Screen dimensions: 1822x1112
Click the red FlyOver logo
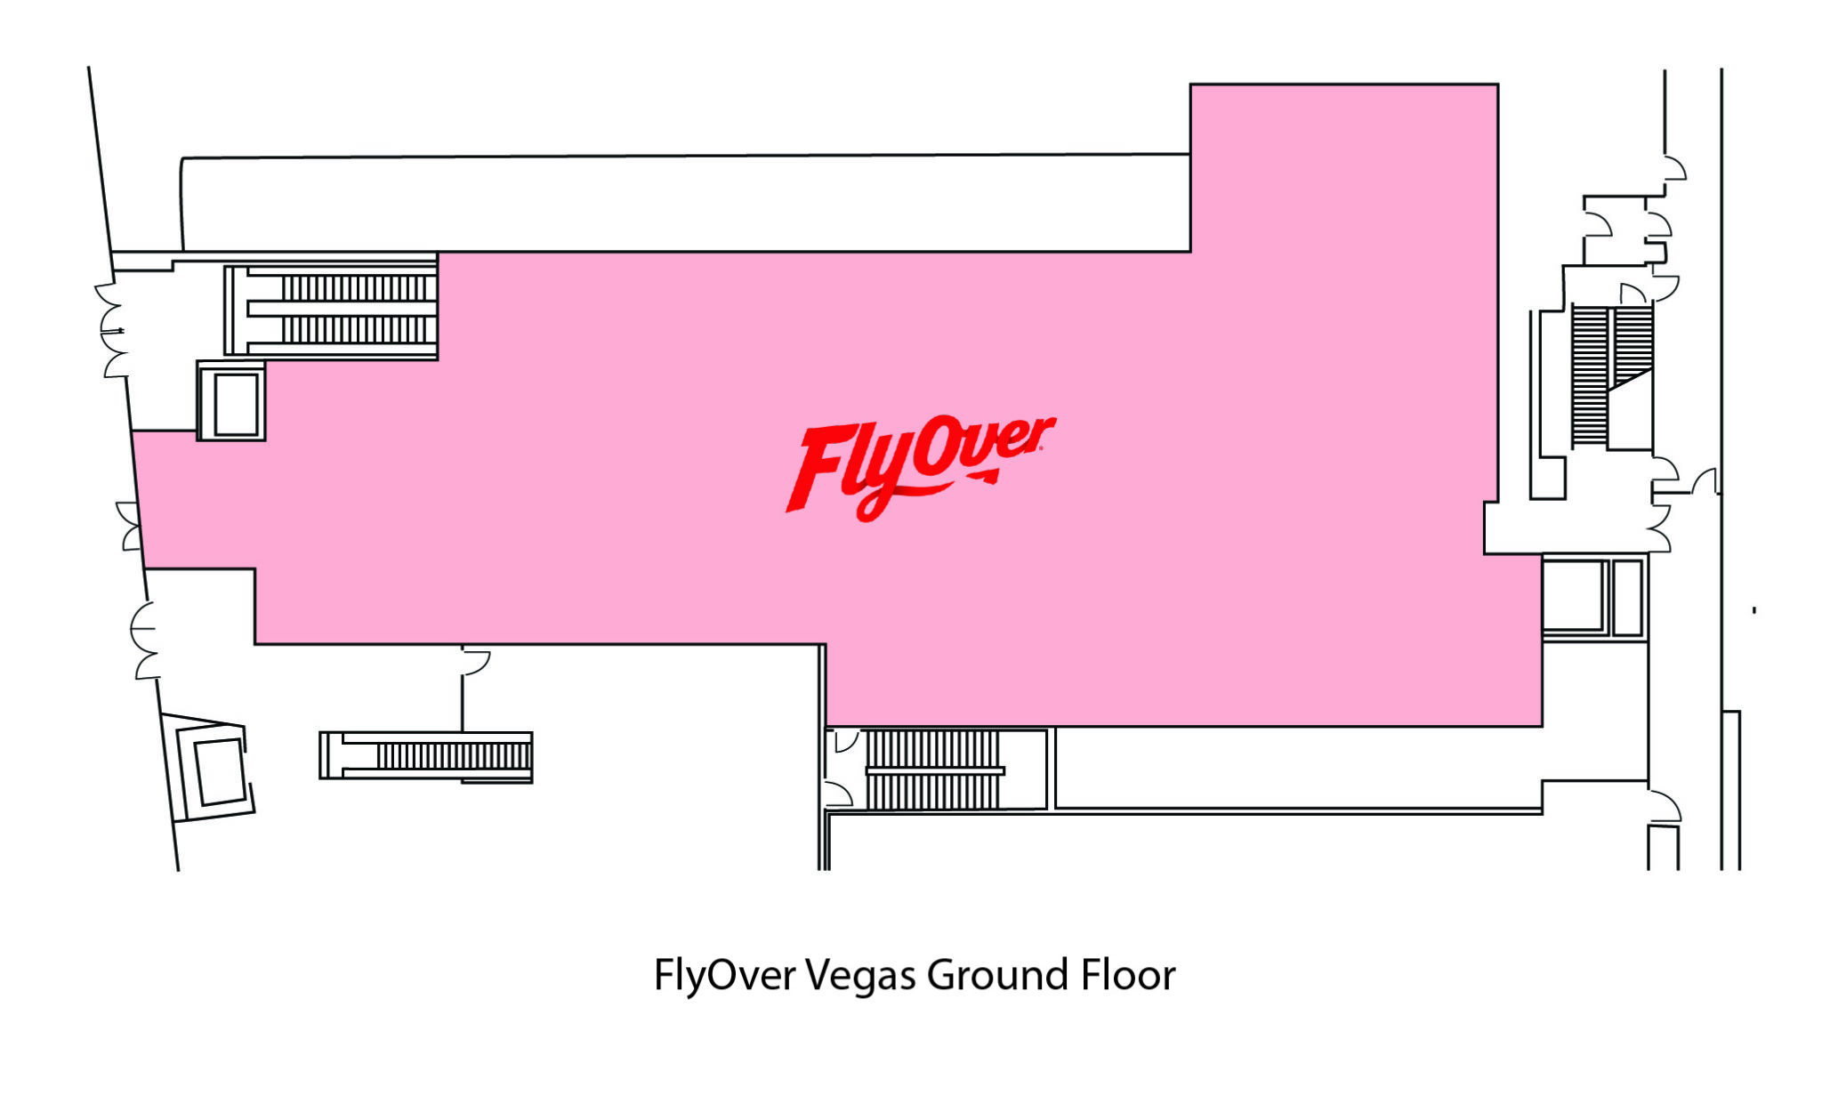tap(920, 467)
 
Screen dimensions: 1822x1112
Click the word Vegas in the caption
tap(860, 976)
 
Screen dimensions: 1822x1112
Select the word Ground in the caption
tap(997, 975)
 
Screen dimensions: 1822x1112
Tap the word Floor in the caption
tap(1128, 975)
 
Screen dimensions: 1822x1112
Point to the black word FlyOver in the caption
tap(724, 976)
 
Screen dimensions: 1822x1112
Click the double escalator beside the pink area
tap(331, 310)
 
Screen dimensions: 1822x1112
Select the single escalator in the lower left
tap(426, 756)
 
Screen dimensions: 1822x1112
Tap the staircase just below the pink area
tap(935, 770)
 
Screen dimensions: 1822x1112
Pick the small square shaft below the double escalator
tap(231, 401)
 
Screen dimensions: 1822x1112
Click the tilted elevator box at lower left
tap(214, 770)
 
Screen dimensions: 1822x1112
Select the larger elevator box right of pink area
tap(1575, 595)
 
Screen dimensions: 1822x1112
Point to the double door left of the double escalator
tap(111, 331)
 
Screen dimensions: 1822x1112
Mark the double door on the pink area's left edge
tap(130, 526)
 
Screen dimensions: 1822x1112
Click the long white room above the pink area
tap(685, 204)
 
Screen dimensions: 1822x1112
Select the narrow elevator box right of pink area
tap(1628, 596)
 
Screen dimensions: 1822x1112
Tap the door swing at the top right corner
tap(1675, 169)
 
